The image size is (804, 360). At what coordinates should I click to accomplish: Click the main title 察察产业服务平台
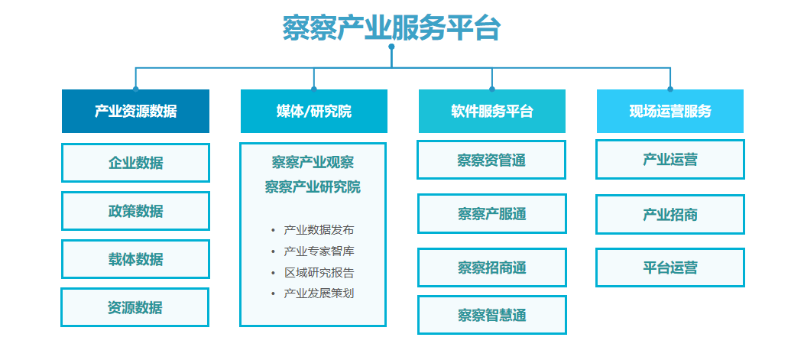click(x=391, y=28)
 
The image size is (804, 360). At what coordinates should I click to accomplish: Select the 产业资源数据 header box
click(x=135, y=112)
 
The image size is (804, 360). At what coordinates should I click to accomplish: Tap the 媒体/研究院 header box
click(x=314, y=112)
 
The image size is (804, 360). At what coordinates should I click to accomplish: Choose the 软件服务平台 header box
click(x=492, y=112)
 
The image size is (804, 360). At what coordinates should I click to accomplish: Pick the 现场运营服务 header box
click(x=670, y=112)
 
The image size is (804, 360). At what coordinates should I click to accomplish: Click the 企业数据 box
click(x=135, y=163)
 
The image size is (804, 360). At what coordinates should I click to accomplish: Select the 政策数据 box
click(x=135, y=211)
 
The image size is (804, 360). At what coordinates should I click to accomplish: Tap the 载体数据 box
click(x=135, y=259)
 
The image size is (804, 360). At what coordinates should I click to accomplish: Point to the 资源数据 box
click(x=135, y=307)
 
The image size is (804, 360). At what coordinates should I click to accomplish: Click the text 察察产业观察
click(x=313, y=163)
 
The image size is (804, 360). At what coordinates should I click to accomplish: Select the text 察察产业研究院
click(x=313, y=186)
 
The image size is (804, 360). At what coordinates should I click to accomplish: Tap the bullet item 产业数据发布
click(x=319, y=230)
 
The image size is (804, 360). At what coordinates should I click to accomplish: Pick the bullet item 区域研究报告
click(x=319, y=272)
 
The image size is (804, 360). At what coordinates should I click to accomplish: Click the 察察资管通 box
click(x=491, y=160)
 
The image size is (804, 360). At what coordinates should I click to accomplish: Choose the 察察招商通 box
click(x=492, y=268)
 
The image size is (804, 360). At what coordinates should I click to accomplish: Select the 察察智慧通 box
click(x=492, y=315)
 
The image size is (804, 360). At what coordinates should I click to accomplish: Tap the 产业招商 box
click(x=670, y=214)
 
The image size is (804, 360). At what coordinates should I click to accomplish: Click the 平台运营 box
click(x=670, y=268)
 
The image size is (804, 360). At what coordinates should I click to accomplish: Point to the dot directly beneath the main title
click(x=392, y=47)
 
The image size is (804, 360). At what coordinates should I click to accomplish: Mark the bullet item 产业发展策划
click(x=319, y=294)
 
